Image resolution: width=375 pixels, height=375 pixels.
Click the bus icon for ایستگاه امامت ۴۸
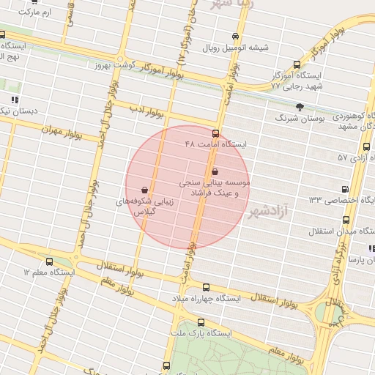tap(215, 134)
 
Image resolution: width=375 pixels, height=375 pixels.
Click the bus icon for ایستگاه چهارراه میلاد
tap(207, 288)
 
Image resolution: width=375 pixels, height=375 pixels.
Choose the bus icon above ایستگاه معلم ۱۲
tap(49, 261)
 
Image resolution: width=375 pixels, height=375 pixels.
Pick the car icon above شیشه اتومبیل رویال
tap(234, 36)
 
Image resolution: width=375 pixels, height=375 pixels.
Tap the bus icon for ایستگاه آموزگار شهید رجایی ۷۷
tap(296, 64)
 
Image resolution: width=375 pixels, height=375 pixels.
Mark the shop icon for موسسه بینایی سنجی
tap(215, 171)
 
